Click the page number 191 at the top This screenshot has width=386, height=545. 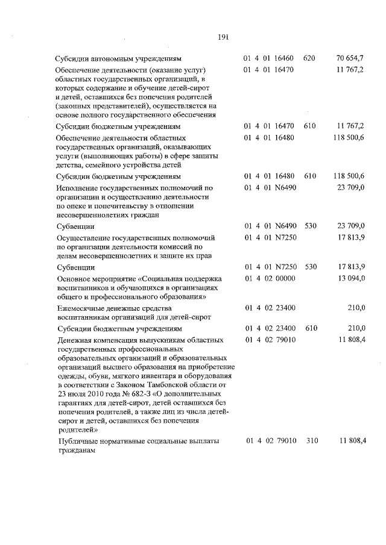coord(223,38)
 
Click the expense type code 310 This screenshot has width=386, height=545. coord(311,441)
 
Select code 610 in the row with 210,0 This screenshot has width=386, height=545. coord(310,329)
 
